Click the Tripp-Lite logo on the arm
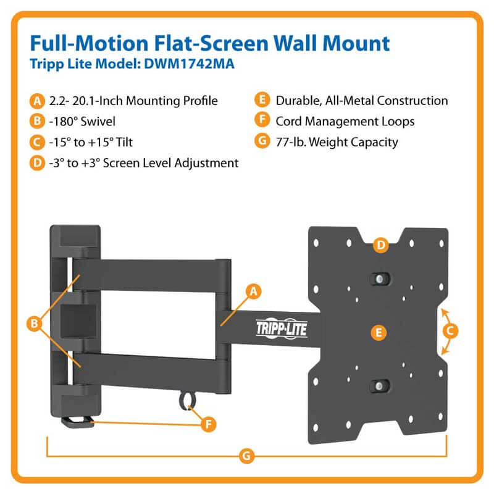click(x=282, y=329)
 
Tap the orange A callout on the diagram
click(x=254, y=291)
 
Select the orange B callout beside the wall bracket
click(x=35, y=324)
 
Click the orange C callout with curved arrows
click(x=450, y=331)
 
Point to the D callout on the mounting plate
click(x=381, y=245)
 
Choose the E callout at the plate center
click(x=379, y=332)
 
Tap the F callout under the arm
click(x=208, y=424)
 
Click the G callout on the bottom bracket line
click(x=246, y=456)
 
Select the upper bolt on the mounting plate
click(x=380, y=279)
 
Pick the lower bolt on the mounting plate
click(x=380, y=385)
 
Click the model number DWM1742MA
click(x=189, y=64)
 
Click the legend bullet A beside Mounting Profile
click(x=37, y=101)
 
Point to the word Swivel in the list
click(x=98, y=122)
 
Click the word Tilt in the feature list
click(x=124, y=143)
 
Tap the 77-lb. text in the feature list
click(x=291, y=142)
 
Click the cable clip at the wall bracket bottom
click(x=78, y=422)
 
